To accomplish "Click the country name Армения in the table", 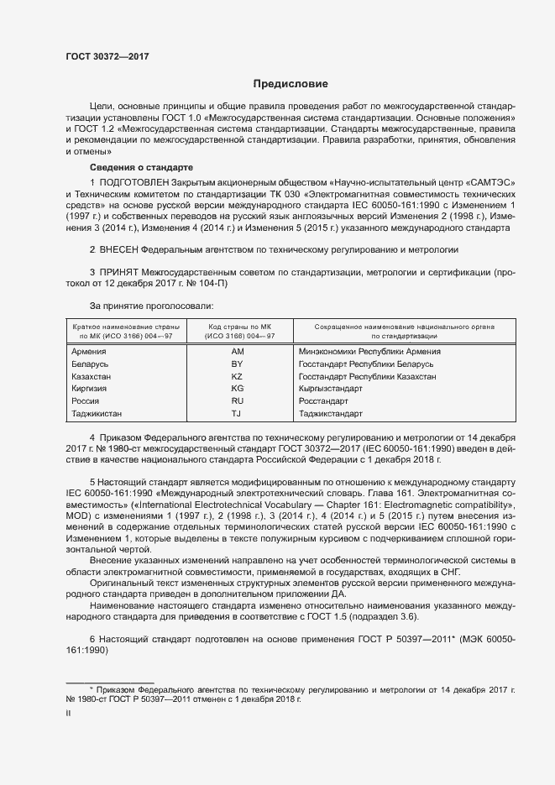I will tap(89, 351).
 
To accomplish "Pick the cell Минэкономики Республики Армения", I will tap(369, 351).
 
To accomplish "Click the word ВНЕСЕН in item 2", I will tap(118, 250).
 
